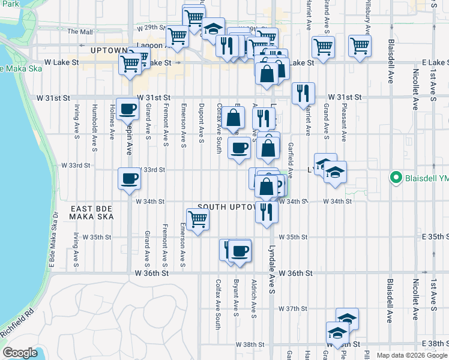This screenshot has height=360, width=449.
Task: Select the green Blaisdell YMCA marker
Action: [396, 178]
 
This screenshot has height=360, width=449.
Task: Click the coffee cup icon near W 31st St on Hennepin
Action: [128, 110]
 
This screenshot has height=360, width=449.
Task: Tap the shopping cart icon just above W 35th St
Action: [197, 220]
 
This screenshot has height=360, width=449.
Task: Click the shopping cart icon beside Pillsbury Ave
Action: [360, 46]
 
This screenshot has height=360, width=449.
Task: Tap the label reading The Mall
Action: [80, 31]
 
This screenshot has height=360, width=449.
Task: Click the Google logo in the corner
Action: [20, 352]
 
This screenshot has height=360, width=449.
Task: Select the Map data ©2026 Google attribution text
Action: [411, 355]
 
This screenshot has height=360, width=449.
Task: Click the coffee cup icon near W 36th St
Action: [240, 251]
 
